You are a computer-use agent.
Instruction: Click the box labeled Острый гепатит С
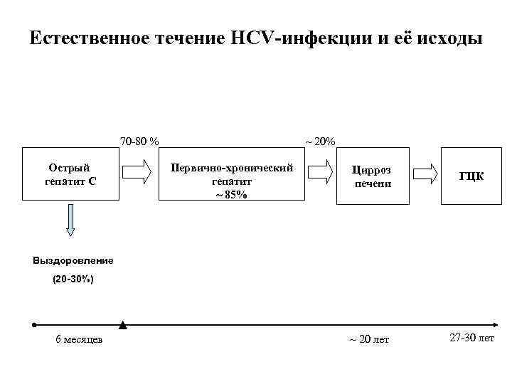70,175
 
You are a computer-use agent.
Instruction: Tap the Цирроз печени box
373,176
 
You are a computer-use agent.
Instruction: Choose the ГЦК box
471,176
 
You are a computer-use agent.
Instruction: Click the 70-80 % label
139,141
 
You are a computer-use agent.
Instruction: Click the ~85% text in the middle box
232,195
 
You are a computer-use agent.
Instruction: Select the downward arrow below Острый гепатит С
70,220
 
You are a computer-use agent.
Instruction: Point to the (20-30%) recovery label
73,279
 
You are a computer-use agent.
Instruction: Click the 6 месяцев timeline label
79,339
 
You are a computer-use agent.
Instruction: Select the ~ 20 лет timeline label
369,339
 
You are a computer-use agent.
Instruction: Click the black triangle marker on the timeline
123,325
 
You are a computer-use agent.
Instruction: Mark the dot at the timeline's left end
34,325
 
